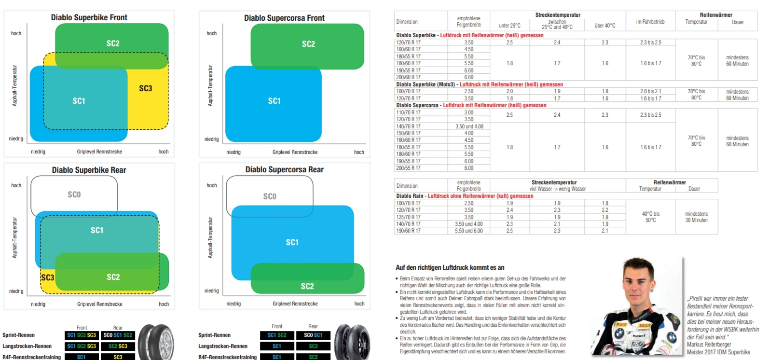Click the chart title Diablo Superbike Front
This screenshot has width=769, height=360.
89,17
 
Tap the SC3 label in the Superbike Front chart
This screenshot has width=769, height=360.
145,88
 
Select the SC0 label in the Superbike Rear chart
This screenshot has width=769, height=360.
74,194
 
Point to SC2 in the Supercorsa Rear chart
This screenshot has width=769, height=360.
307,286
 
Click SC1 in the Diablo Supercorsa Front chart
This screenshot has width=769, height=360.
274,101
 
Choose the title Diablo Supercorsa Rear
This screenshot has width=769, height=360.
284,170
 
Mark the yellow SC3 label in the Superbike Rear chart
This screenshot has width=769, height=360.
47,277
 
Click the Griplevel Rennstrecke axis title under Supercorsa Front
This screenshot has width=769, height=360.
295,152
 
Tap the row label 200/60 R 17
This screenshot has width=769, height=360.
408,77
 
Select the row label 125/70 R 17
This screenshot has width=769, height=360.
408,217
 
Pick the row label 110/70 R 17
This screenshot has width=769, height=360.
408,112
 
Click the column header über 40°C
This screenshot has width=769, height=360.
605,26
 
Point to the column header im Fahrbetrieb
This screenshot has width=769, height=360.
650,22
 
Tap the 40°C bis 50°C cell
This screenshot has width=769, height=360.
650,217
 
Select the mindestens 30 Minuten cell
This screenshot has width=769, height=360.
696,217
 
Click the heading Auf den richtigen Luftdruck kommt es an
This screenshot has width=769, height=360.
450,267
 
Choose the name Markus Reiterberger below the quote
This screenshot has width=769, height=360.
709,345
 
